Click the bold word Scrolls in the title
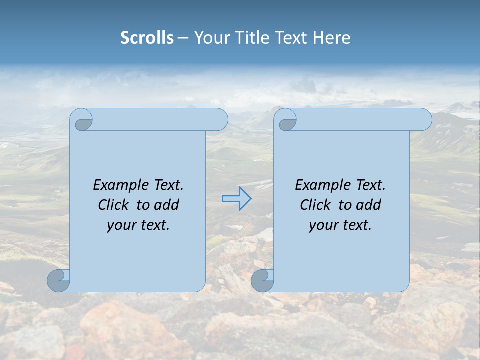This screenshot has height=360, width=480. coord(147,38)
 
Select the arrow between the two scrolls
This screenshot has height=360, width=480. coord(236,199)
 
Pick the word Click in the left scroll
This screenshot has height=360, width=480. coord(114,205)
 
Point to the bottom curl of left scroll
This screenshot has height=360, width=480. coord(58,280)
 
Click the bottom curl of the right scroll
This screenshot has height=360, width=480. coord(262,280)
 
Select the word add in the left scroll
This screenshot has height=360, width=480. coord(166,205)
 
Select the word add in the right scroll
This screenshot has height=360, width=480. coord(368,205)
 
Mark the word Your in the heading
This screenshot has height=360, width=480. coord(209,38)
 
